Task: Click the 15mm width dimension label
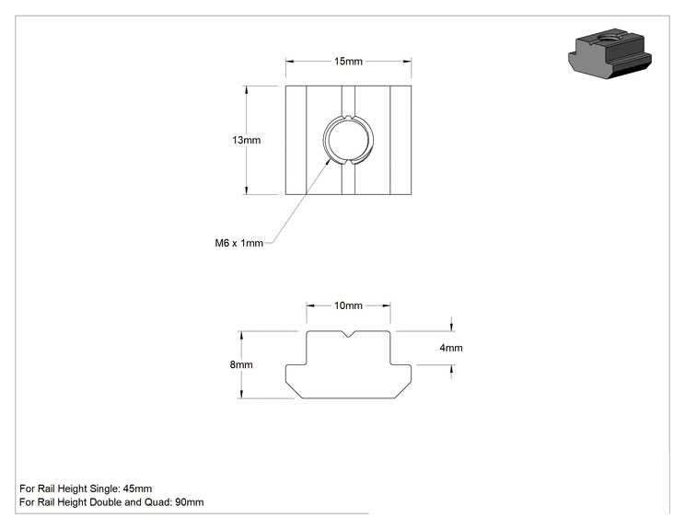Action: (x=348, y=61)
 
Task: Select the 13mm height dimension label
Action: (x=247, y=140)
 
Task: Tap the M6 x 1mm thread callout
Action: (x=239, y=243)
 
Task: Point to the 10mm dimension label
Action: (x=348, y=305)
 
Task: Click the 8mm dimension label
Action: (x=241, y=364)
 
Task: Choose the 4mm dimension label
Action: (x=451, y=348)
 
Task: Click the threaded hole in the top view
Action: (x=348, y=140)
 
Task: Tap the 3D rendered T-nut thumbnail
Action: (x=610, y=53)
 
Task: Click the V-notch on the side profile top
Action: (x=348, y=334)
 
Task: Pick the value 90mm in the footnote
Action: (x=189, y=502)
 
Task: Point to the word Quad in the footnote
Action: (x=160, y=502)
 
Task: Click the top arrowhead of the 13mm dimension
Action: (x=247, y=90)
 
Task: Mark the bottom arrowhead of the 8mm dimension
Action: (x=241, y=394)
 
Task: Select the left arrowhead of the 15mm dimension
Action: (x=290, y=61)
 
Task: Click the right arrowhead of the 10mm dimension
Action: (x=386, y=305)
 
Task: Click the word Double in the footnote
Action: (x=105, y=502)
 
